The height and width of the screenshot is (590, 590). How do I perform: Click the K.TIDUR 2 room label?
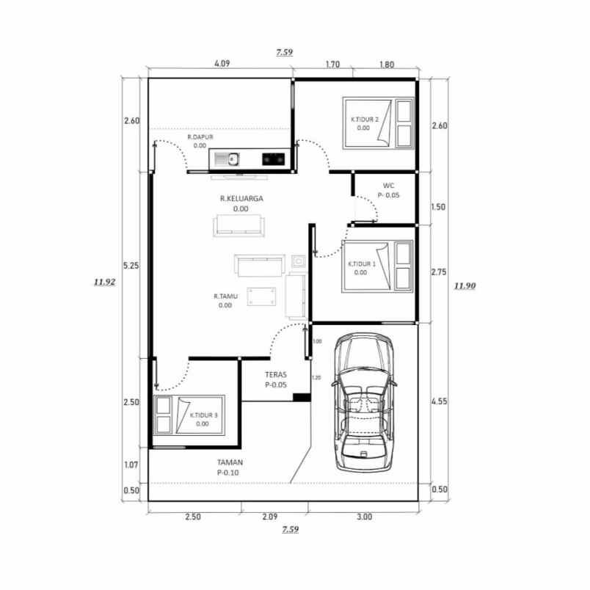coord(364,119)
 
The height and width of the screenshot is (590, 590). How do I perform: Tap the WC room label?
coord(389,186)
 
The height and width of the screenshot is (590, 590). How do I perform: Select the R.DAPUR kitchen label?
coord(200,137)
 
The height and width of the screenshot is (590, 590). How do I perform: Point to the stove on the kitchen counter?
coord(273,157)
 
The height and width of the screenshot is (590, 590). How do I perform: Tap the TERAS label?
coord(275,374)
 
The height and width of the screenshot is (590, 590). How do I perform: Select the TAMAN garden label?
coord(230,462)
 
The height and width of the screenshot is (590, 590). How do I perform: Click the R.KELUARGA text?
coord(241,198)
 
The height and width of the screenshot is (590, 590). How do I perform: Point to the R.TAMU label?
coord(223,296)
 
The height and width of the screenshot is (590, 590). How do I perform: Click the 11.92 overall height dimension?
coord(105,280)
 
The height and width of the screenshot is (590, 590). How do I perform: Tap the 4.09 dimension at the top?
coord(222,64)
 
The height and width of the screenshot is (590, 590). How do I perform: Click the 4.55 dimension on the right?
coord(440,401)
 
